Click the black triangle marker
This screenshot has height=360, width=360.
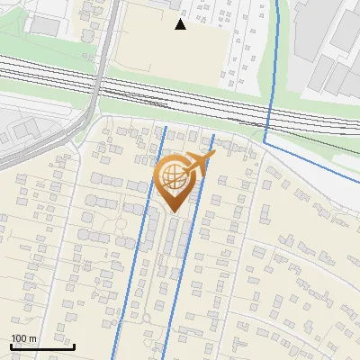click(180, 24)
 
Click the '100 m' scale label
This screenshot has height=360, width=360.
click(24, 338)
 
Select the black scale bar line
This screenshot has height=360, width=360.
click(42, 346)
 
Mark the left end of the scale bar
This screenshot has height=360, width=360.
click(12, 346)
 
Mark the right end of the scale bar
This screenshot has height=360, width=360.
click(74, 346)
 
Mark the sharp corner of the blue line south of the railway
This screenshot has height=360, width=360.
click(265, 142)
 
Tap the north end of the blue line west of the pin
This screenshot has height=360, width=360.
click(166, 128)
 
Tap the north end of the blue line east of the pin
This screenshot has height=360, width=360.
click(213, 136)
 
